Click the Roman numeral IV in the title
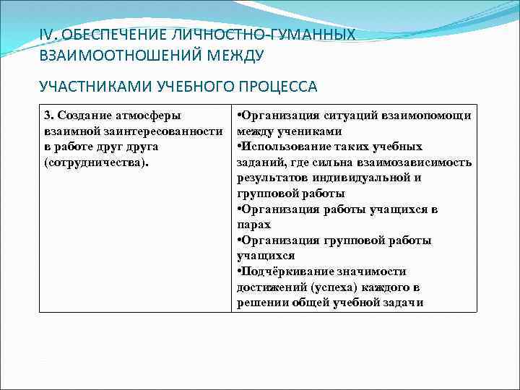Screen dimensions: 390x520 [46, 35]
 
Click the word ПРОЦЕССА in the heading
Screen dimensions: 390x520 [278, 87]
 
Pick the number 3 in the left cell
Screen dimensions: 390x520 [48, 116]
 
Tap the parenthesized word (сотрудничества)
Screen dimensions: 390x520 [96, 162]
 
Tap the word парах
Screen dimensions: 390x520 [252, 225]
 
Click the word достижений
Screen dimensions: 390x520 [268, 287]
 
